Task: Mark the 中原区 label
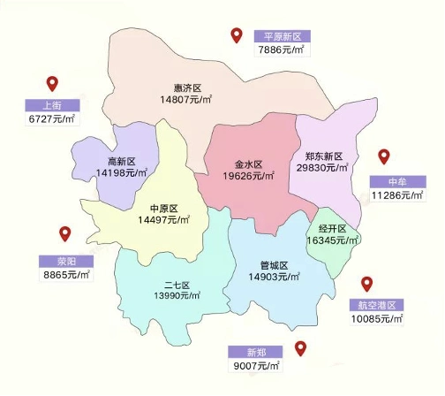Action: pos(164,208)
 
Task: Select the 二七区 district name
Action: pos(177,285)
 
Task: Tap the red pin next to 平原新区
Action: pos(237,35)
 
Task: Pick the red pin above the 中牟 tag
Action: pos(383,157)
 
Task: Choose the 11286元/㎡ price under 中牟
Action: pos(397,194)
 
